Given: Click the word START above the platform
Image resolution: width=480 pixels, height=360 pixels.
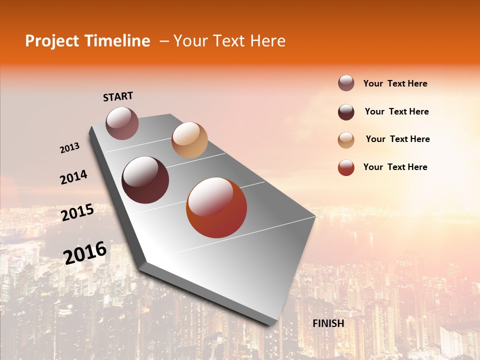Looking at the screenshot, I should pos(118,96).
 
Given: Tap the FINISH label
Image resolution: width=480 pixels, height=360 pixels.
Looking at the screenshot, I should pos(328,323).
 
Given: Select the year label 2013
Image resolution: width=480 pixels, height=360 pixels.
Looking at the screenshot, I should pos(70,148).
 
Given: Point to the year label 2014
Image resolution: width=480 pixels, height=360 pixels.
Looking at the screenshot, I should pos(73,177).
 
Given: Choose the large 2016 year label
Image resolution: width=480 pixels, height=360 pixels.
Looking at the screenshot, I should pos(85,252).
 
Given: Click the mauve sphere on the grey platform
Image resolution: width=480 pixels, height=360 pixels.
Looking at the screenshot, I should pos(122,123).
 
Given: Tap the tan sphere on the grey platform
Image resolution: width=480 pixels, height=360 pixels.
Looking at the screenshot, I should pos(189,140).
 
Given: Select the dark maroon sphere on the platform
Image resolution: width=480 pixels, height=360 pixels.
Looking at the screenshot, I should pos(145,180).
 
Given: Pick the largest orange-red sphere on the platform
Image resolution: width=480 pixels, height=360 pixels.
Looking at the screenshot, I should pos(216,207).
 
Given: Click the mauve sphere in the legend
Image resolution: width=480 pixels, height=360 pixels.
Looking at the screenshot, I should pos(346,83).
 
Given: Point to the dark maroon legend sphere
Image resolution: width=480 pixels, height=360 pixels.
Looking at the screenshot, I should pos(346,112).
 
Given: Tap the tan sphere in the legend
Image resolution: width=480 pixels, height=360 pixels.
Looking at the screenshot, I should pos(346,140).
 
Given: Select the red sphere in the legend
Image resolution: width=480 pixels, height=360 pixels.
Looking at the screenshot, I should pos(346,168).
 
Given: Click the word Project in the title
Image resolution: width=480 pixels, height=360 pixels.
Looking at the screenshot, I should pos(52,41).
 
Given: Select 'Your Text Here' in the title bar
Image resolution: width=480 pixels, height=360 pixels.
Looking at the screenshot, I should pos(229,41).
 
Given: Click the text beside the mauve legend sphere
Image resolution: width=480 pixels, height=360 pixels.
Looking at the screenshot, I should pos(395,84).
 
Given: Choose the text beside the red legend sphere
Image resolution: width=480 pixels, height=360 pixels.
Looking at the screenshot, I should pos(395,167).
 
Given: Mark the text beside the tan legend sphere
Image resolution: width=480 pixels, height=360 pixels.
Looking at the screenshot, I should pos(397,139).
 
